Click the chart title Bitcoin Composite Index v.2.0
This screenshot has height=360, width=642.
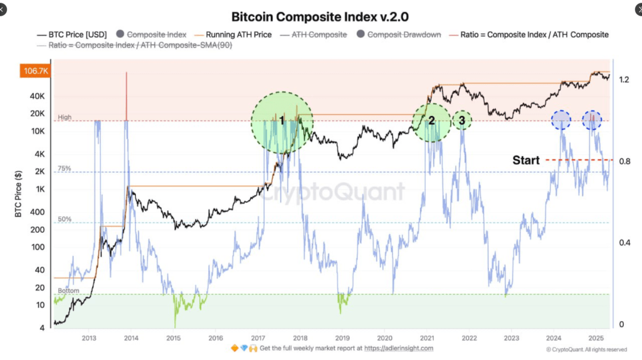[320, 16]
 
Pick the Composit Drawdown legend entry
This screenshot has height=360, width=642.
[404, 34]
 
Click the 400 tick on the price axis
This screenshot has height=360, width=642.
[38, 212]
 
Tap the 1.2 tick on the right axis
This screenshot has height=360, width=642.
[624, 80]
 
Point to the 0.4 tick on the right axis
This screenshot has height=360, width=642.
[624, 243]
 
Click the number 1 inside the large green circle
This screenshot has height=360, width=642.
[282, 120]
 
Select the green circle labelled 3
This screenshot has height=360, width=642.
[462, 120]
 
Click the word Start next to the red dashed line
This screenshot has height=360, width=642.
[526, 161]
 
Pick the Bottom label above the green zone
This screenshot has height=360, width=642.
[68, 291]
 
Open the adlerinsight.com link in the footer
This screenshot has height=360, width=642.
[400, 348]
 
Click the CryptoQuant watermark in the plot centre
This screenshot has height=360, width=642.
[332, 191]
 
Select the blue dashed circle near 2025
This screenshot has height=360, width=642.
[592, 120]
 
